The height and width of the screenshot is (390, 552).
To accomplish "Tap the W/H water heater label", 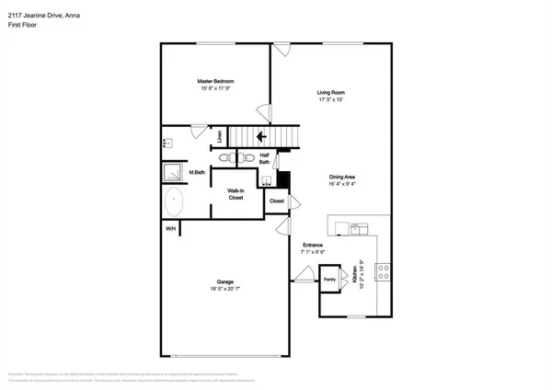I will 170,229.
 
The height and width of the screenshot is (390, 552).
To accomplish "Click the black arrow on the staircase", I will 260,137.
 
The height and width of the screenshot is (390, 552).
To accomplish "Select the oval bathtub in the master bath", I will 173,202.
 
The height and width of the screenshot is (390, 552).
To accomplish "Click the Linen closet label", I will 219,137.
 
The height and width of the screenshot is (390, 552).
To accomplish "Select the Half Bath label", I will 264,159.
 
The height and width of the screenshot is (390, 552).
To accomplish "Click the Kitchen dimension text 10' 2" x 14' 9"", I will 364,274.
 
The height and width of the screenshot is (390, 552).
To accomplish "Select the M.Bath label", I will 196,172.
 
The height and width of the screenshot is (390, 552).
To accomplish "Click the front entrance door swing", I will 305,273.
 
